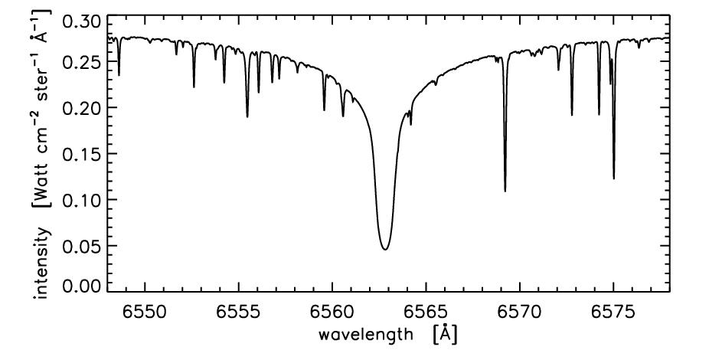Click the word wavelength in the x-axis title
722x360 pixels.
coord(364,335)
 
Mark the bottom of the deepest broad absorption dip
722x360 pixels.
coord(385,249)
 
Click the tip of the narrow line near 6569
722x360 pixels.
coord(505,191)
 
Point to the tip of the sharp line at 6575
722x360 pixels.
coord(614,178)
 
